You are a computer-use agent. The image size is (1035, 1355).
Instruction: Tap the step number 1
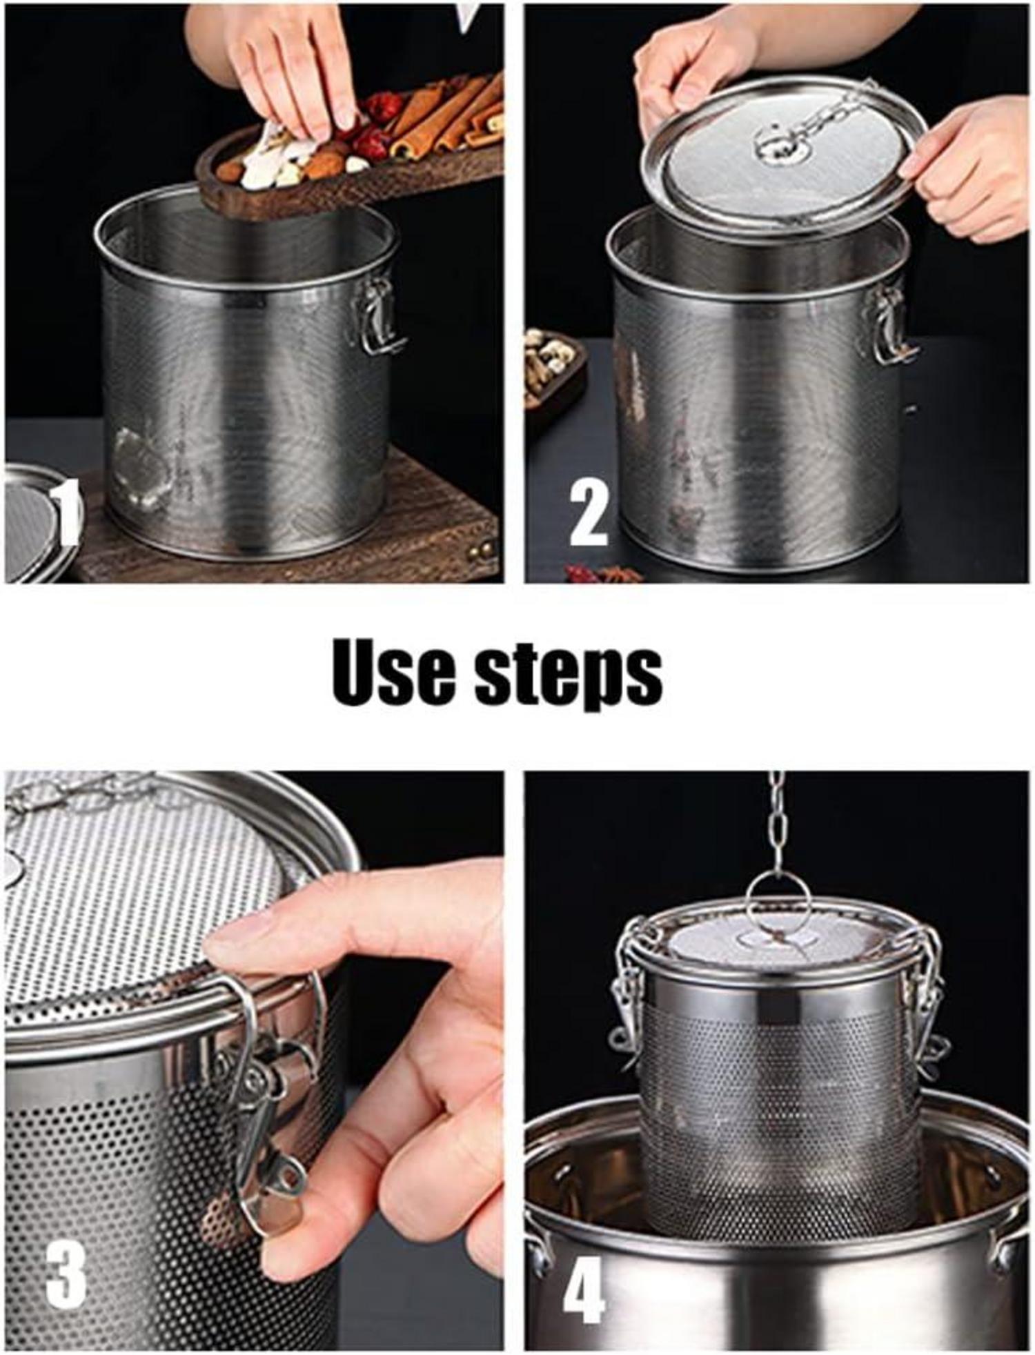click(x=65, y=513)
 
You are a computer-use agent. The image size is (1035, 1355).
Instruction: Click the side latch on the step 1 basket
click(x=379, y=317)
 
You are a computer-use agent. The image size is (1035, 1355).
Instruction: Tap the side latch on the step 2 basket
click(x=891, y=324)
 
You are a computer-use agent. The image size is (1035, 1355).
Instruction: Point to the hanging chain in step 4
click(x=778, y=821)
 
